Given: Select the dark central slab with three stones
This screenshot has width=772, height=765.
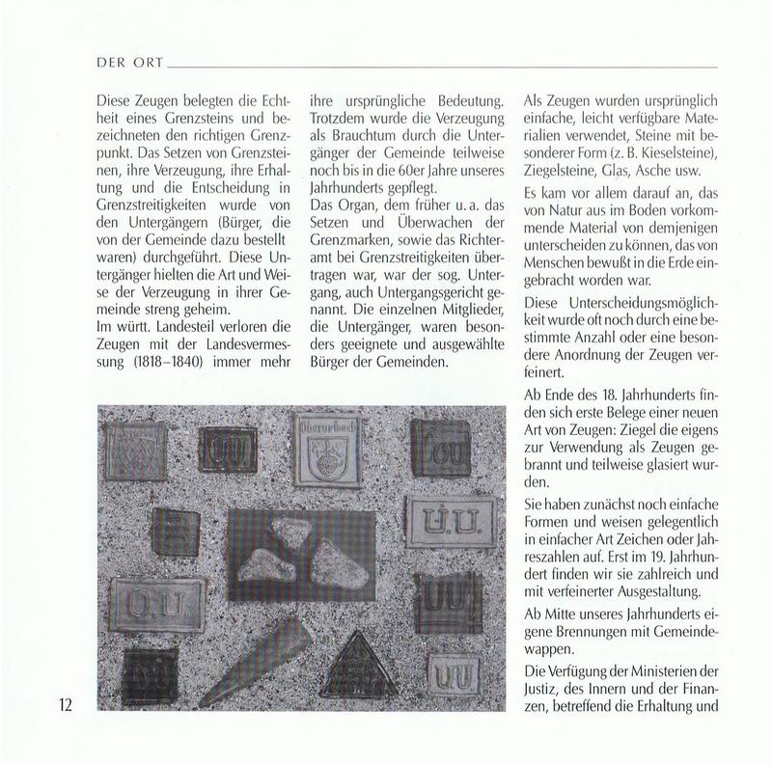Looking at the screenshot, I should coord(300,554).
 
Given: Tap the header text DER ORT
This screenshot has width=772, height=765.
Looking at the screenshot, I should coord(129,65).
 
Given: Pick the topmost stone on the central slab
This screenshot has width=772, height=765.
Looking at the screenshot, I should coord(289,529).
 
